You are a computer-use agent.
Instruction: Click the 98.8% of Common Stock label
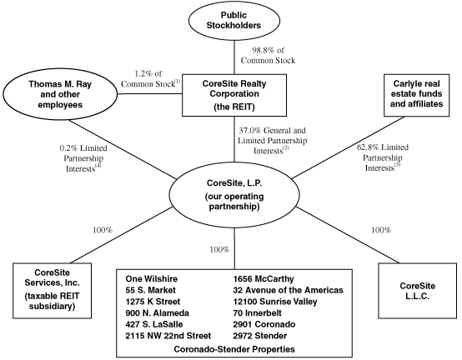pyautogui.click(x=268, y=55)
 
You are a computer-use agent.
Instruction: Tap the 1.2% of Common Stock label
pyautogui.click(x=150, y=79)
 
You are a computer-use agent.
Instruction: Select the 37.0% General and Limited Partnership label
pyautogui.click(x=272, y=141)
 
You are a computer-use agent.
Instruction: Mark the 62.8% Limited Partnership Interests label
pyautogui.click(x=383, y=157)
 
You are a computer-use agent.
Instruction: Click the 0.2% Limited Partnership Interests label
pyautogui.click(x=83, y=158)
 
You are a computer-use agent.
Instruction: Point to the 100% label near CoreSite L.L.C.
pyautogui.click(x=381, y=230)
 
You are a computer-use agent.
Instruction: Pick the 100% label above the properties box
pyautogui.click(x=219, y=250)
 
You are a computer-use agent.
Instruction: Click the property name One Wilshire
pyautogui.click(x=152, y=279)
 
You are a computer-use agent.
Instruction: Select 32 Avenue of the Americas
pyautogui.click(x=289, y=290)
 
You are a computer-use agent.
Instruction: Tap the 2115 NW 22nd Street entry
pyautogui.click(x=168, y=336)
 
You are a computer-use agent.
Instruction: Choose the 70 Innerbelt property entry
pyautogui.click(x=257, y=312)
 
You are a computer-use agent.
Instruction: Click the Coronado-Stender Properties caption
pyautogui.click(x=234, y=349)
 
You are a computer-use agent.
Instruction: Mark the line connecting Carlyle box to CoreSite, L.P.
pyautogui.click(x=349, y=147)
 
